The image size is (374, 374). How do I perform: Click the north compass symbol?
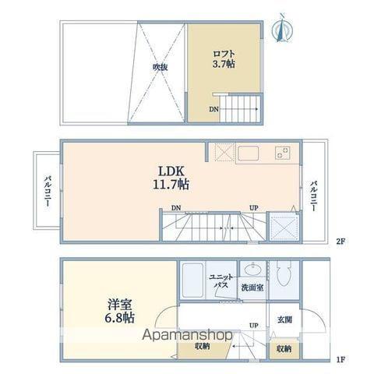pos(282,28)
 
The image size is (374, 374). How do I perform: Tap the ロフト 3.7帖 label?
pos(224,59)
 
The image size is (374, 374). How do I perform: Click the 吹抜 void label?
pos(160,67)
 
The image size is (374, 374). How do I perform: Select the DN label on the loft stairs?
pos(213,109)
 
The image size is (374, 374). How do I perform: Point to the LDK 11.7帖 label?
pos(171,178)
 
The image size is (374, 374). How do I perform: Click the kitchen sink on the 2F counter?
pos(249,153)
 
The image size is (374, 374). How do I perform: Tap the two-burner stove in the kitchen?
pos(283,153)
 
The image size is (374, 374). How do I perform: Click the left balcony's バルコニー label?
pos(48,192)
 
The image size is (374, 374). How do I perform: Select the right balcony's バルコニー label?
pos(313,196)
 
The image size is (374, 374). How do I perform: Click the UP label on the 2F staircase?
pos(254,208)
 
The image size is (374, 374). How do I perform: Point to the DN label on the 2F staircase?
pos(176,208)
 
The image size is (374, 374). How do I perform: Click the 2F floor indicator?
pos(340,242)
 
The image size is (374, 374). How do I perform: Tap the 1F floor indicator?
pos(340,360)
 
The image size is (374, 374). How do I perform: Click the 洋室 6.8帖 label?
pos(119,311)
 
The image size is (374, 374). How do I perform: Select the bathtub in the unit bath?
pos(192,280)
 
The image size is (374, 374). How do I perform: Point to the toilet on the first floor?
pos(284,273)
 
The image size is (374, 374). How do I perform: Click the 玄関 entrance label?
pos(284,319)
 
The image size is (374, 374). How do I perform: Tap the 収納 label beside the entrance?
pos(284,349)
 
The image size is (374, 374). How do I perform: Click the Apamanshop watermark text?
pos(187,335)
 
